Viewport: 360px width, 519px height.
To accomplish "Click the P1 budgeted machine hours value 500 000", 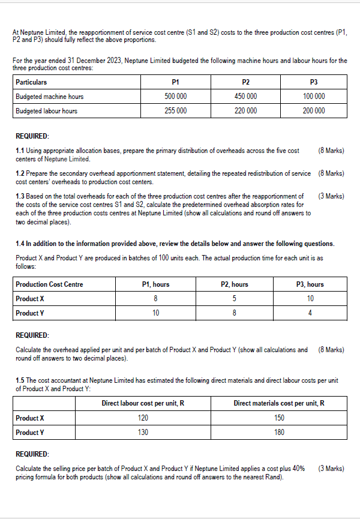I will (x=175, y=97).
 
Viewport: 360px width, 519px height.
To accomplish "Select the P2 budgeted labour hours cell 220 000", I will (x=245, y=111).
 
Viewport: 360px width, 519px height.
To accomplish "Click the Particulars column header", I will (x=31, y=82).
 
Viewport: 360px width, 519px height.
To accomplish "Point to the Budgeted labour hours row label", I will (x=46, y=111).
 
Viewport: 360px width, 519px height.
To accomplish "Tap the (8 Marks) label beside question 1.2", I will (x=331, y=173).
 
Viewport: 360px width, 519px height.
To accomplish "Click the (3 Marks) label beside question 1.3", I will (x=331, y=196).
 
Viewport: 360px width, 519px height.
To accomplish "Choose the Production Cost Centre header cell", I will (x=49, y=284).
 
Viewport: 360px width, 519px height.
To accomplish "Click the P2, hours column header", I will (x=233, y=284).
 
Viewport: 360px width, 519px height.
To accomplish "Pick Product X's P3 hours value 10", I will (x=310, y=299).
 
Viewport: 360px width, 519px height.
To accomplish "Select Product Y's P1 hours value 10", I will (x=156, y=313).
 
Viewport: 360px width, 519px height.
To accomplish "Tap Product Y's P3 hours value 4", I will (x=310, y=313).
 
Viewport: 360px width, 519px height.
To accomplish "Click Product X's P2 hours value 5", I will (x=233, y=299).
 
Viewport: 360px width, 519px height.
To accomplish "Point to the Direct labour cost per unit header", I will (x=143, y=404).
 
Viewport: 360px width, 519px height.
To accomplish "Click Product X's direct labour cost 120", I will (x=143, y=418).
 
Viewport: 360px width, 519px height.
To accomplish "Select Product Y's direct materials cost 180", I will (x=279, y=433).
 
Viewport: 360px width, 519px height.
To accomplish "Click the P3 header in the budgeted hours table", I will (x=313, y=82).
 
